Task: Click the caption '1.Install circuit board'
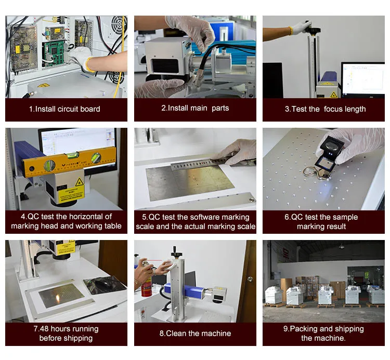[65, 109]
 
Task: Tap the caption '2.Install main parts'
[195, 109]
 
